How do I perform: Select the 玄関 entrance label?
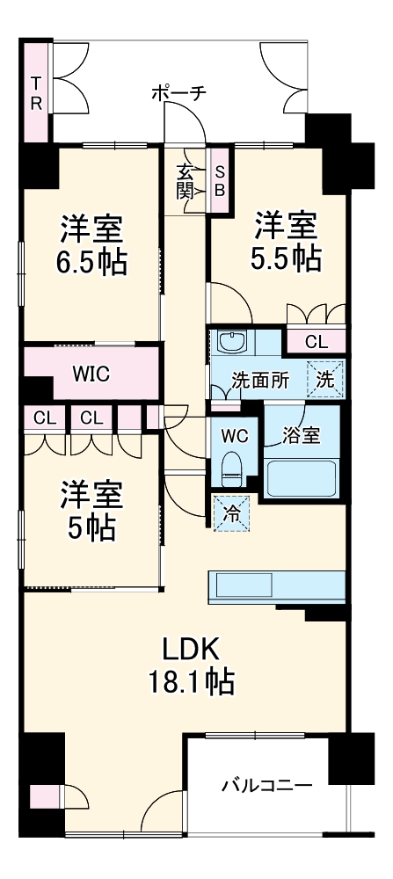click(186, 181)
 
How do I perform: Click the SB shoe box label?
click(220, 181)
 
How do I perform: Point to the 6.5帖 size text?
click(91, 262)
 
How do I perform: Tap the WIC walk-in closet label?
click(91, 374)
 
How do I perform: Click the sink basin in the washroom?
click(233, 342)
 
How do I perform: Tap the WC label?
click(234, 434)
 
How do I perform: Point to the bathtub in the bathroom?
click(301, 480)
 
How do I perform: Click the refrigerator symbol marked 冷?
click(229, 512)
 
